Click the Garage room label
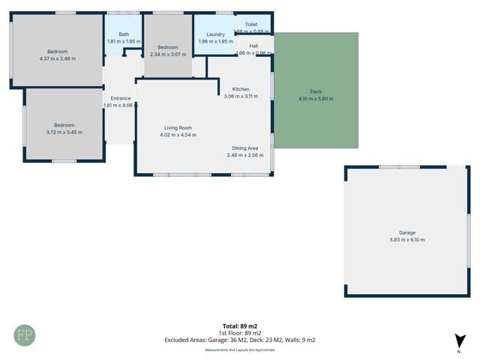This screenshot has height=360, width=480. coord(407,232)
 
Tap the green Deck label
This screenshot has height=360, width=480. coord(316,91)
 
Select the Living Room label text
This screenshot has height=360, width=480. coord(178,128)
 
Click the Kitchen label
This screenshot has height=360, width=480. coord(241,89)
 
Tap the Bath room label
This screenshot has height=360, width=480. coord(124,34)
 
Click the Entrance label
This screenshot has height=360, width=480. coord(121,98)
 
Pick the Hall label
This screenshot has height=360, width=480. coord(253,46)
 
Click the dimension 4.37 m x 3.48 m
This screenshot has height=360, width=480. coord(58,58)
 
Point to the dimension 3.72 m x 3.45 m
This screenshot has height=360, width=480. coord(64,132)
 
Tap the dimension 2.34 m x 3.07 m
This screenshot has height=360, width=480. coord(168,54)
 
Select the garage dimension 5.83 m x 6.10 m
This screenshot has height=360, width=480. coord(407,240)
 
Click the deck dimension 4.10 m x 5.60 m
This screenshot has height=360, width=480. coord(316,99)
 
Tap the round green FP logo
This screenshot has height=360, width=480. coord(24,335)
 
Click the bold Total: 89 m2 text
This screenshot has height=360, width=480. coord(240,326)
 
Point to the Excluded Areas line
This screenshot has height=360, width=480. coord(240,340)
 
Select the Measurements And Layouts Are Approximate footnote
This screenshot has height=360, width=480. coord(240,349)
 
